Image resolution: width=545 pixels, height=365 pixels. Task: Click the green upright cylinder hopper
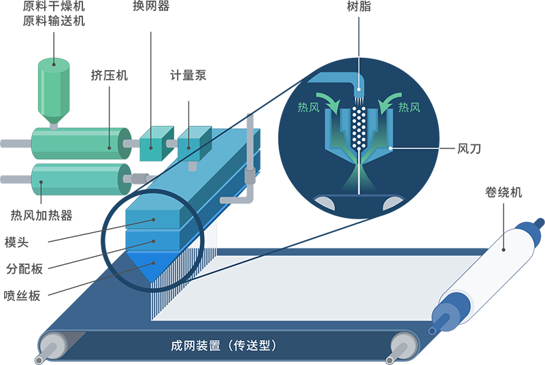[54, 89]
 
